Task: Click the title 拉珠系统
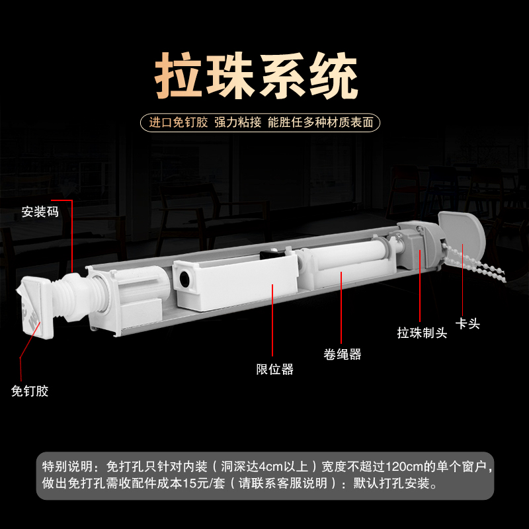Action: pos(257,77)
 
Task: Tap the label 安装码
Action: pos(40,212)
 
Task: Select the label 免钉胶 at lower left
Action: pos(30,391)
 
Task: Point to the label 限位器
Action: pos(274,370)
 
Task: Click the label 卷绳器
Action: pos(342,354)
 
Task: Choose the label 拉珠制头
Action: pos(421,333)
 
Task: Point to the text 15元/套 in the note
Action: pos(212,483)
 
